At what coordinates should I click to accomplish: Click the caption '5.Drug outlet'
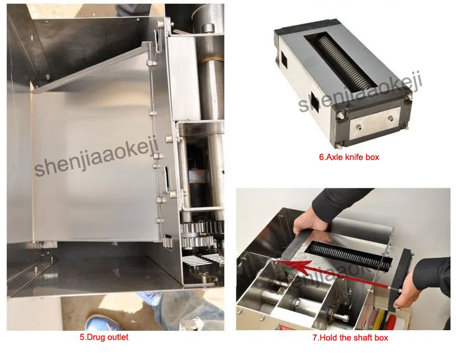104,337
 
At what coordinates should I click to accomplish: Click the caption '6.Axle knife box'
349,157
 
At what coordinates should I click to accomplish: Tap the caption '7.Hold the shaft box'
350,337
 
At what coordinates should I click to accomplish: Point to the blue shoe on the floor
101,322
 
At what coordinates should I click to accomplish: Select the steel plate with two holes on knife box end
375,122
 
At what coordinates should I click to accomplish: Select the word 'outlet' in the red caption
117,337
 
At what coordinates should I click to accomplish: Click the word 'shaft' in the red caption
361,337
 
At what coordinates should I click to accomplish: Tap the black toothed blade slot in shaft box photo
350,257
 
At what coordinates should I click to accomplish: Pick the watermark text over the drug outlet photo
97,156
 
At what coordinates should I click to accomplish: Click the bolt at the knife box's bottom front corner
341,143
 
